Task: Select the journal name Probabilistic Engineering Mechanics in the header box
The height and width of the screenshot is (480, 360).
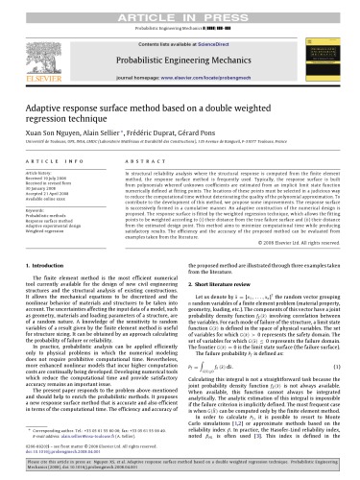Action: [180, 42]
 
